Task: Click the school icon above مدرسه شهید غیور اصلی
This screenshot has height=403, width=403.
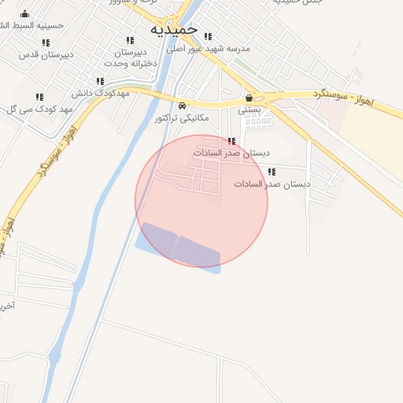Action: pos(208,36)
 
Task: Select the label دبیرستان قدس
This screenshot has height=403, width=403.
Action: pos(46,54)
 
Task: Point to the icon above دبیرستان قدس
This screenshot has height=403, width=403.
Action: pos(46,43)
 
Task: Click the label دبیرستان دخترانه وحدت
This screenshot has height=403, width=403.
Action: pos(130,57)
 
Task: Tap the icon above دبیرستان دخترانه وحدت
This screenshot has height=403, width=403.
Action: pos(130,41)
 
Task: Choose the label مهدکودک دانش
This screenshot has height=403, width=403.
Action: pos(100,93)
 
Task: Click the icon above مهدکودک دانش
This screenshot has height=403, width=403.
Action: pos(100,81)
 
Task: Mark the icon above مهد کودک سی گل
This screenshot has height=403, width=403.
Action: pos(39,97)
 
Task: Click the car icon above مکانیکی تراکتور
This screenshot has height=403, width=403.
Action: pos(182,105)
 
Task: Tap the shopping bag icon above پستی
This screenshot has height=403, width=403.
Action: pos(250,98)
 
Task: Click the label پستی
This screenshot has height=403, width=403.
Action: pos(250,110)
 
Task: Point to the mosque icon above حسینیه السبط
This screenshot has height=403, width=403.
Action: pos(25,13)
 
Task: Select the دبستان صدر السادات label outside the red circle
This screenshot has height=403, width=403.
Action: pos(272,183)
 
